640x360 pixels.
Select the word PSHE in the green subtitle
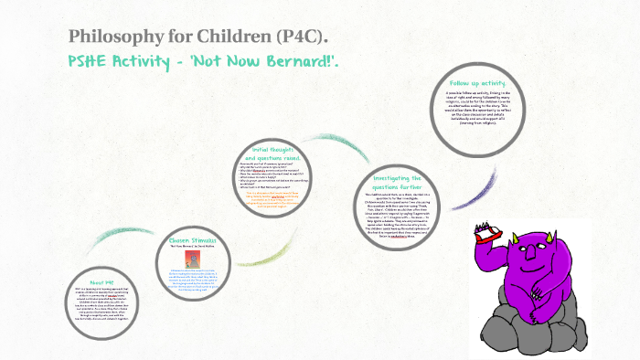(91, 62)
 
